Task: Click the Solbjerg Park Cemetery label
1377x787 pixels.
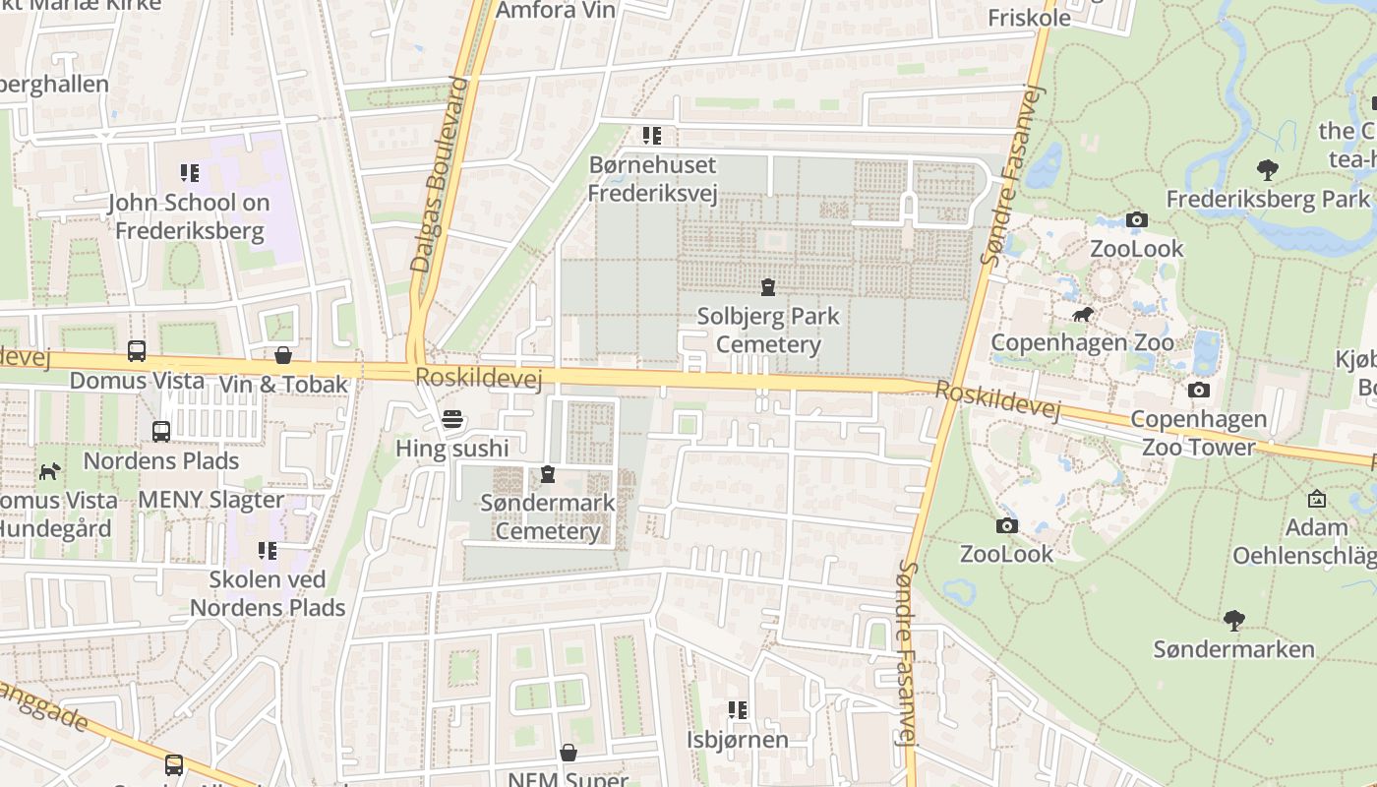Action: (768, 331)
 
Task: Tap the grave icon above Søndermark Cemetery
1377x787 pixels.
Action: (548, 475)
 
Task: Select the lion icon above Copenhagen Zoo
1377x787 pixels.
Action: (1083, 315)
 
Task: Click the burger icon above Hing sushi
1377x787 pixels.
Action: (452, 420)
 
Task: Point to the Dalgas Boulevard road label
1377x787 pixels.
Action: (439, 175)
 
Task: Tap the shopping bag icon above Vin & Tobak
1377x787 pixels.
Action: (283, 355)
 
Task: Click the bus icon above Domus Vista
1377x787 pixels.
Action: (137, 351)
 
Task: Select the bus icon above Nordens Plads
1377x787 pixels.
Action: (161, 431)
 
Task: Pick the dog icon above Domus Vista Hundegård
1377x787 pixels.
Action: (49, 471)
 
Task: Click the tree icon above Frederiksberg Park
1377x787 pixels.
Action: (1268, 170)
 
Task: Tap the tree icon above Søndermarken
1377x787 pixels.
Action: (1234, 621)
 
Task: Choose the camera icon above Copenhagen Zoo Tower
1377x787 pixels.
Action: (1198, 391)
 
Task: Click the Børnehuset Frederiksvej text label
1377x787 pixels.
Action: (652, 178)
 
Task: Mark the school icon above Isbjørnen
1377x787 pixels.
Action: (738, 709)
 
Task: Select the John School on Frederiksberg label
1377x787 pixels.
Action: (189, 217)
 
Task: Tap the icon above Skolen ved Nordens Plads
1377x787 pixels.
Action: (268, 550)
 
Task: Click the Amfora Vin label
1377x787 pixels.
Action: (556, 11)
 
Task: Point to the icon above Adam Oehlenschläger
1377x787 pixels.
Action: (1317, 499)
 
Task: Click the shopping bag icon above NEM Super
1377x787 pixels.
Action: (569, 753)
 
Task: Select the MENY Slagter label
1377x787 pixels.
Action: (210, 499)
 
